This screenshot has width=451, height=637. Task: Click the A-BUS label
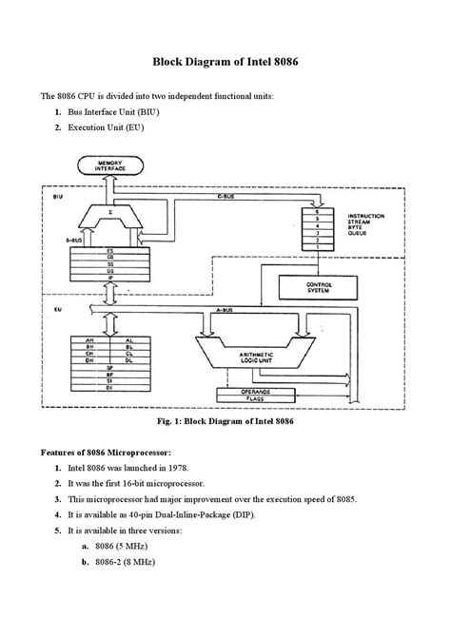(x=225, y=311)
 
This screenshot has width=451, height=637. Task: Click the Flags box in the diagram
(x=255, y=399)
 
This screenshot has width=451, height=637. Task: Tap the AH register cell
(x=89, y=339)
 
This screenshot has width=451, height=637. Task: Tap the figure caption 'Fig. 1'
(x=225, y=420)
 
